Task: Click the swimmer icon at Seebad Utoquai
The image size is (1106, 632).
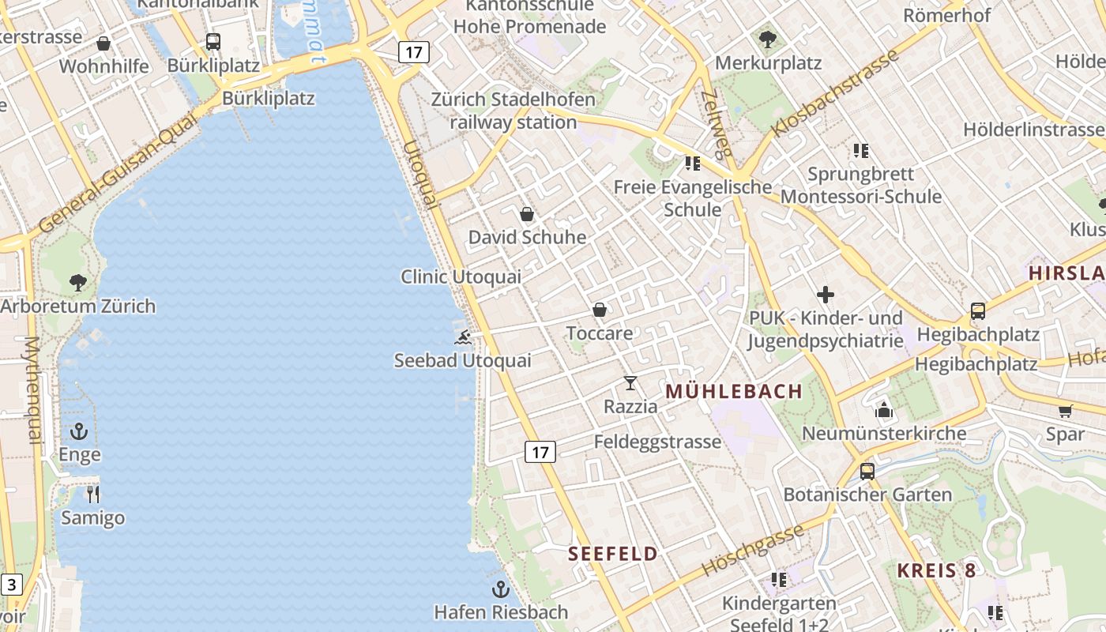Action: pyautogui.click(x=463, y=338)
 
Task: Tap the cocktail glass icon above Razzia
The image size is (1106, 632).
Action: pyautogui.click(x=630, y=383)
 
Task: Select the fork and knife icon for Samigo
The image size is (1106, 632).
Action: pyautogui.click(x=93, y=495)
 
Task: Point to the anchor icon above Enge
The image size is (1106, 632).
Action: pyautogui.click(x=79, y=431)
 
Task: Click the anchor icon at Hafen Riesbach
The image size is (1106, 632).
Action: pyautogui.click(x=500, y=589)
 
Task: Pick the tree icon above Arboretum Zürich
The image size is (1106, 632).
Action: pyautogui.click(x=77, y=282)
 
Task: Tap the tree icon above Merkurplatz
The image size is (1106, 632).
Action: pyautogui.click(x=767, y=39)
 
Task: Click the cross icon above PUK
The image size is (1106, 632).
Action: pyautogui.click(x=826, y=295)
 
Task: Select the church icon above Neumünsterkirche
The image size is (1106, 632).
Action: pyautogui.click(x=883, y=409)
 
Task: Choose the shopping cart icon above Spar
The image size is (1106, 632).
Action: pyautogui.click(x=1065, y=411)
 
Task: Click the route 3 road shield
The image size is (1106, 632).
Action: pyautogui.click(x=12, y=585)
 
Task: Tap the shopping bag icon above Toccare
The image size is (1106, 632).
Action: pyautogui.click(x=600, y=310)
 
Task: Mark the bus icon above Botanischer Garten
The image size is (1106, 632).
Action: pyautogui.click(x=867, y=472)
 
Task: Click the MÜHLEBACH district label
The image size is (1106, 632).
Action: pyautogui.click(x=734, y=391)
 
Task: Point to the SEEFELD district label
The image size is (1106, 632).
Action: pyautogui.click(x=613, y=554)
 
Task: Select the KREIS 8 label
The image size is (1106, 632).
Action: pyautogui.click(x=936, y=570)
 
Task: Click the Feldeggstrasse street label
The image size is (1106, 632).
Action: pyautogui.click(x=657, y=442)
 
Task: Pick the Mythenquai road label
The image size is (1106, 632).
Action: pyautogui.click(x=32, y=390)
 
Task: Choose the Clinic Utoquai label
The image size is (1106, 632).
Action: pyautogui.click(x=461, y=276)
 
